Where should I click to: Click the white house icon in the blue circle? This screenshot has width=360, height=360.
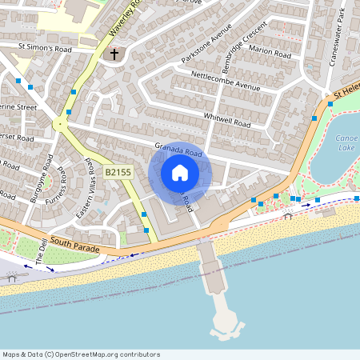[x=179, y=173]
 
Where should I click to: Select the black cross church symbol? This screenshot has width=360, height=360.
[x=114, y=54]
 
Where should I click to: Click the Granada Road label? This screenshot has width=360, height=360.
[x=178, y=150]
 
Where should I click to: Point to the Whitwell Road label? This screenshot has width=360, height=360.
[x=227, y=122]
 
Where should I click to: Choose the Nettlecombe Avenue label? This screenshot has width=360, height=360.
[x=226, y=81]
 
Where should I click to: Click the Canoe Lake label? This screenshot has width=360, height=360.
[x=346, y=142]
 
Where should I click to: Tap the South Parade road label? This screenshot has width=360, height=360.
[x=75, y=245]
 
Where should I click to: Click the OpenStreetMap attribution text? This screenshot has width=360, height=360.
[x=81, y=354]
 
